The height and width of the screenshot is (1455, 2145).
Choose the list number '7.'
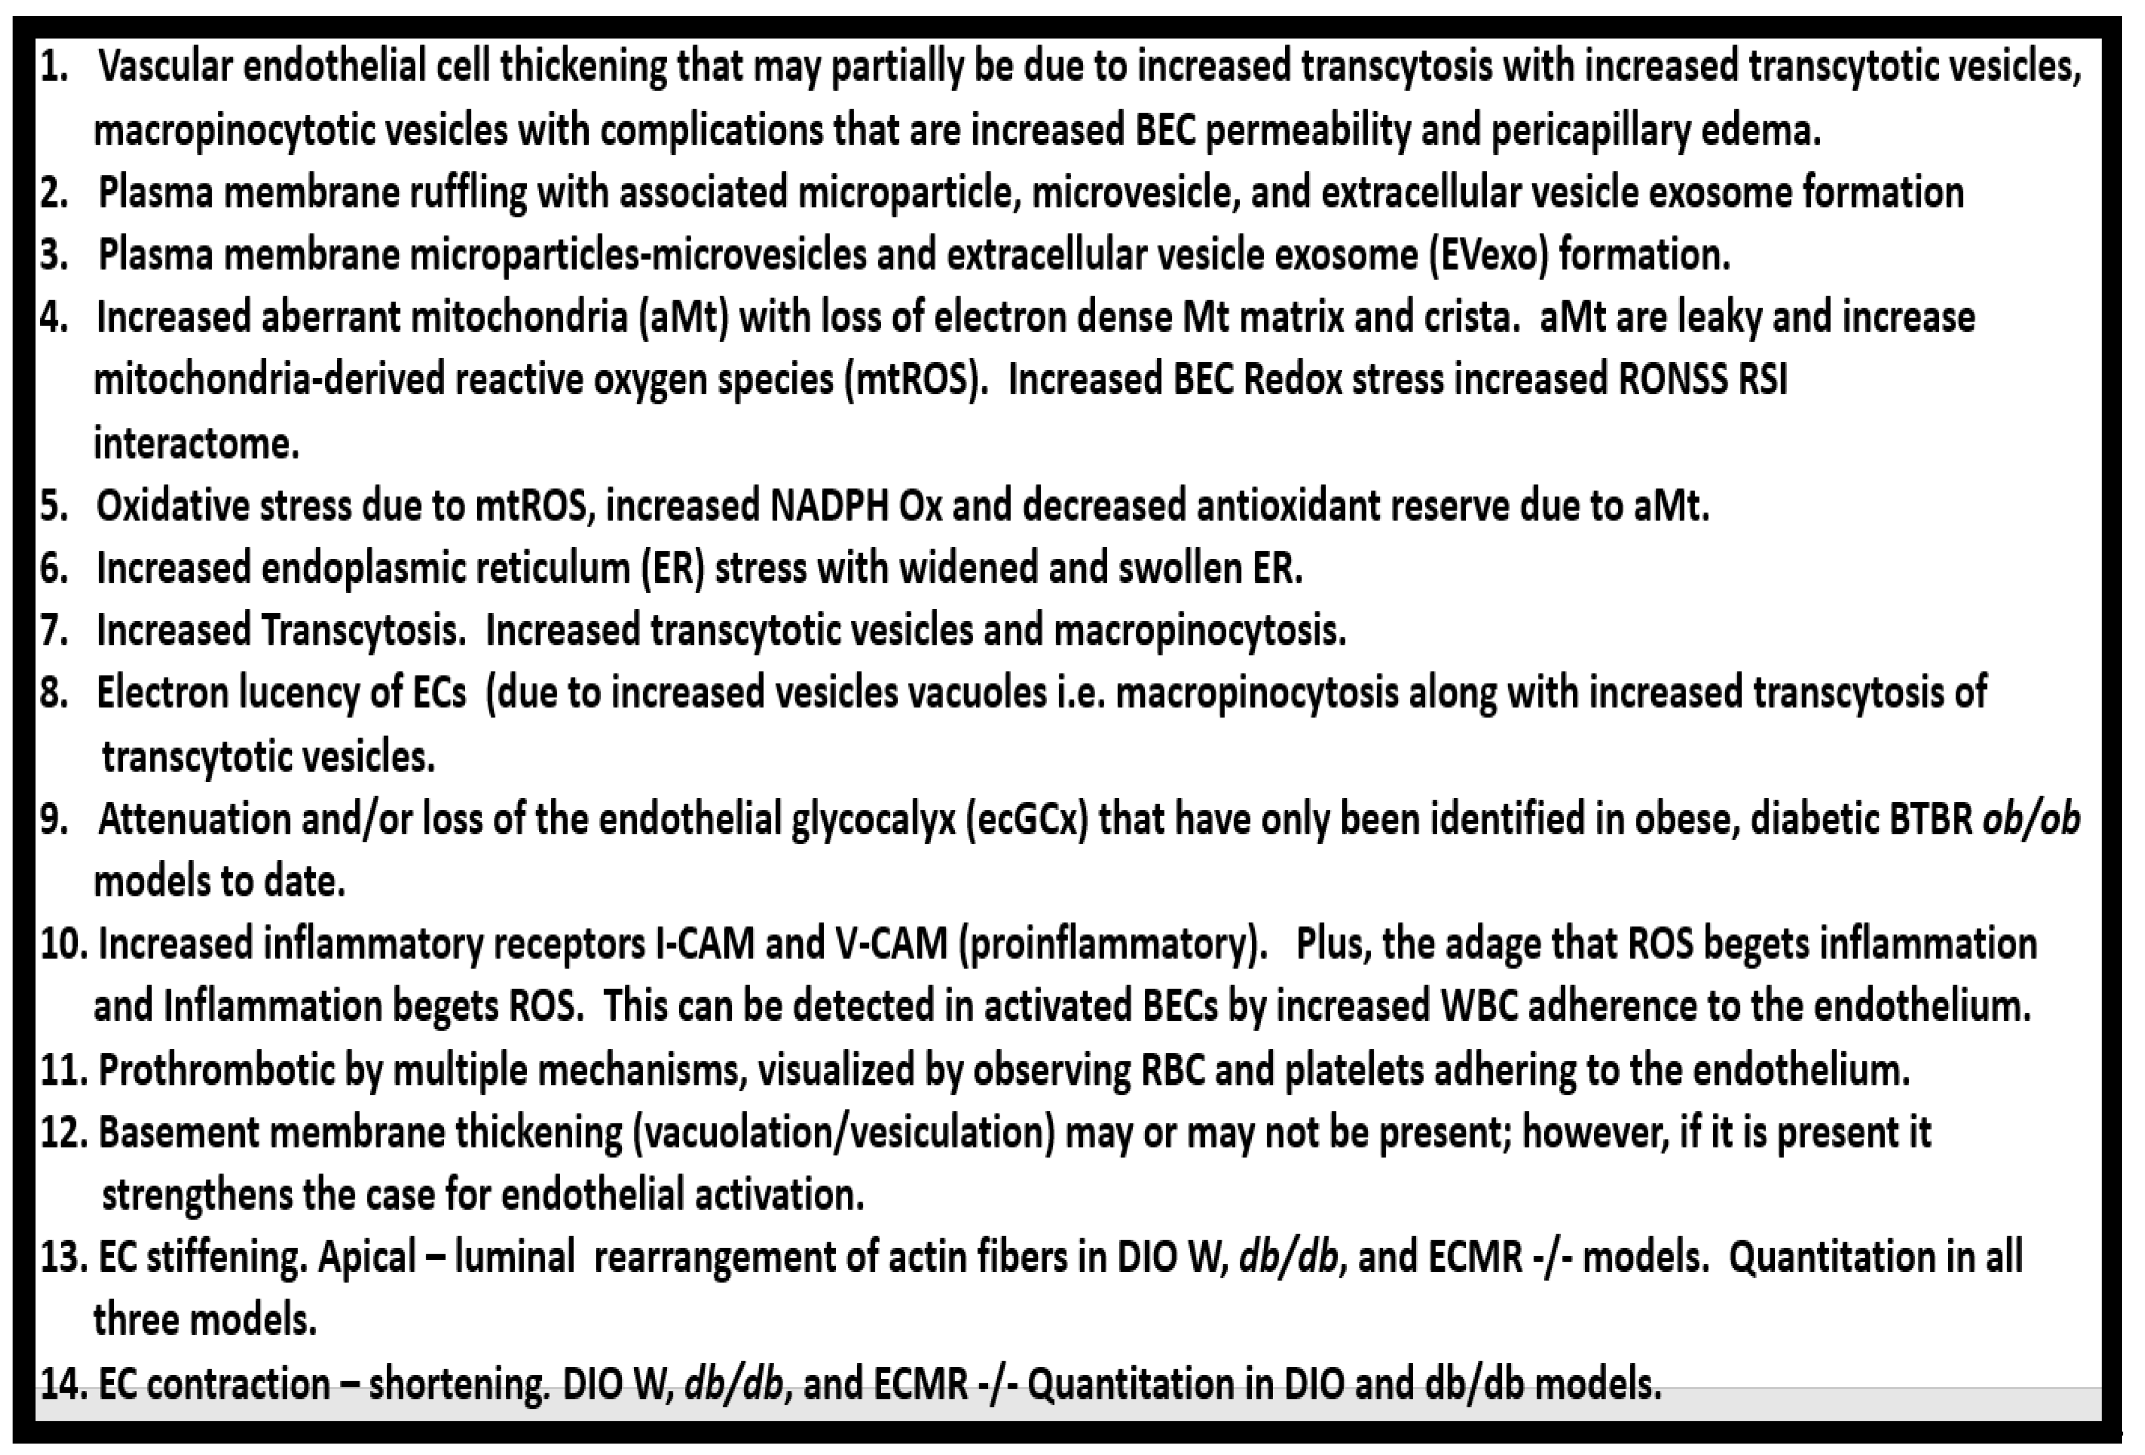54,631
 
